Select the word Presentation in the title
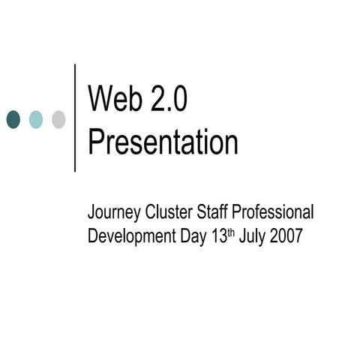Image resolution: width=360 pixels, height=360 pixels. tap(163, 142)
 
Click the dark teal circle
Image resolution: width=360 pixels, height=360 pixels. tap(13, 118)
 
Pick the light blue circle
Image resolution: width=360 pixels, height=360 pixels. tap(36, 118)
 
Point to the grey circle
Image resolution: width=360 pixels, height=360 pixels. tap(58, 118)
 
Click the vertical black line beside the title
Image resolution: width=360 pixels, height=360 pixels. tap(76, 118)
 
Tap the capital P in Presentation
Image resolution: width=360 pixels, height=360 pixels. tap(96, 142)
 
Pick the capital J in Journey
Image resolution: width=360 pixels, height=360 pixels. tap(92, 213)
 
